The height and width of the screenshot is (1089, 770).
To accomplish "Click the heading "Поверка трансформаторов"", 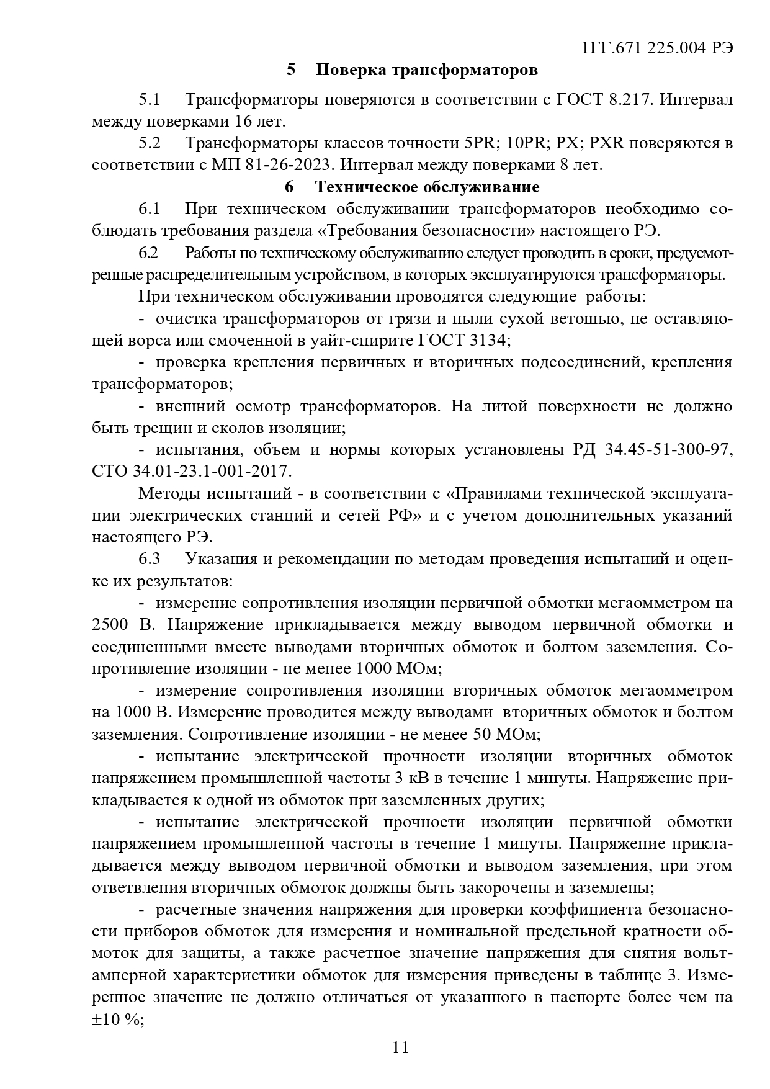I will (426, 70).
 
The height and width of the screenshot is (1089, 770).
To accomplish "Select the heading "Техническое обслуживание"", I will (427, 187).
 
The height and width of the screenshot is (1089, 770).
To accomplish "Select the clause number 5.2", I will (150, 143).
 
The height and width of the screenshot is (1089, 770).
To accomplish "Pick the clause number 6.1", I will (150, 209).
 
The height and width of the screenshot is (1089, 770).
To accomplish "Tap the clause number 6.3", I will (150, 558).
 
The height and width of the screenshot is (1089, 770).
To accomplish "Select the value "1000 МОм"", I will (398, 669).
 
